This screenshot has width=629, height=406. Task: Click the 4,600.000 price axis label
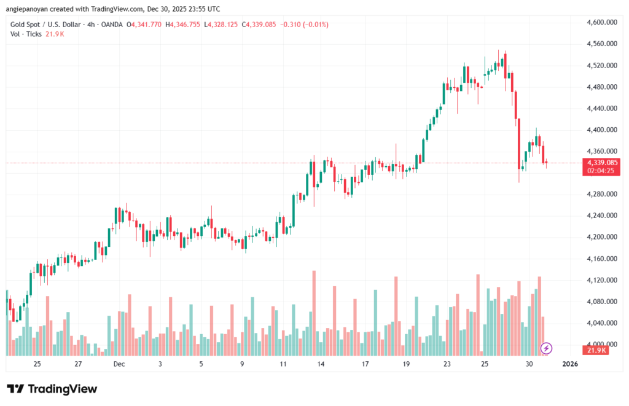(602, 22)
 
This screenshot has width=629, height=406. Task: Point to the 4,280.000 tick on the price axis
(602, 194)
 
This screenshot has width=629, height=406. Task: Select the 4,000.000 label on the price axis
(602, 345)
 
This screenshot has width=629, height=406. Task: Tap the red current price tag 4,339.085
(602, 163)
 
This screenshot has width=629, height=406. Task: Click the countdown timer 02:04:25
(602, 171)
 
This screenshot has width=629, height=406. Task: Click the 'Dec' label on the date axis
(119, 364)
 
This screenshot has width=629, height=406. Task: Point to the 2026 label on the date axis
(570, 364)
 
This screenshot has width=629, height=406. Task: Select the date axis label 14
(321, 364)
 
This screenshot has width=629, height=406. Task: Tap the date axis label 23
(447, 364)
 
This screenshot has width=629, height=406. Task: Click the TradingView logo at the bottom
(52, 389)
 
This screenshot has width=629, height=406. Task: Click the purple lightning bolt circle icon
(546, 348)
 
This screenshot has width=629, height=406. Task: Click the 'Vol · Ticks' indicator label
(26, 34)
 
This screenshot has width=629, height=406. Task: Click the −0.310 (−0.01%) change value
(304, 25)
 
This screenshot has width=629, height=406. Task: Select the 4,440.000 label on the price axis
(602, 108)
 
